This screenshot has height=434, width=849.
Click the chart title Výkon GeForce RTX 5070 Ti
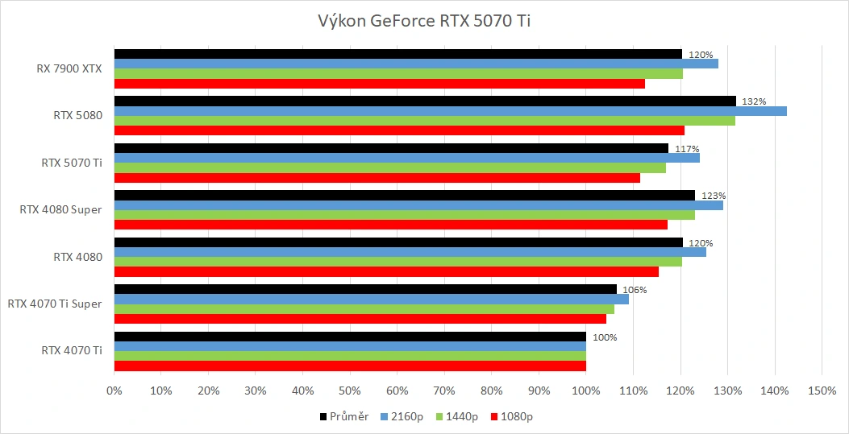(x=424, y=20)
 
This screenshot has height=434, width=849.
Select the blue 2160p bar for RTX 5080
(x=450, y=111)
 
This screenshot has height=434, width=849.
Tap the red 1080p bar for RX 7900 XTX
(x=379, y=84)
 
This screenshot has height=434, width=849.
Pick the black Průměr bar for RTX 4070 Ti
(x=350, y=337)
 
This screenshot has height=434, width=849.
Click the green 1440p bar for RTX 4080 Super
(x=404, y=215)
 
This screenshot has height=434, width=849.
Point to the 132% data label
(x=753, y=101)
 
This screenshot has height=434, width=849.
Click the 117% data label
(x=687, y=149)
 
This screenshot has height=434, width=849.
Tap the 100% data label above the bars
(x=604, y=337)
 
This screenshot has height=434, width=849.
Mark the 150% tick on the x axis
(x=821, y=391)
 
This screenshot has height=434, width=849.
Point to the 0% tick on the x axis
(x=114, y=391)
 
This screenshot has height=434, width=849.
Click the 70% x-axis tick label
(x=443, y=391)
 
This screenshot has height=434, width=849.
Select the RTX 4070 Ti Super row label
(x=55, y=304)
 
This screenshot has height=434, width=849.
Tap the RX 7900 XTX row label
(x=69, y=68)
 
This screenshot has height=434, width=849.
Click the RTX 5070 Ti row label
(x=72, y=163)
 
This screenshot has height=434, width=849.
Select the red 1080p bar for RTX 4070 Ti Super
(x=360, y=319)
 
